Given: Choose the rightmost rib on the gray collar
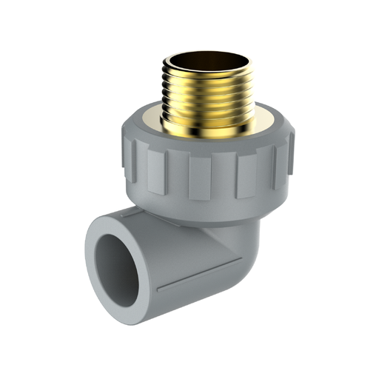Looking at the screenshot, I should [284, 152].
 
